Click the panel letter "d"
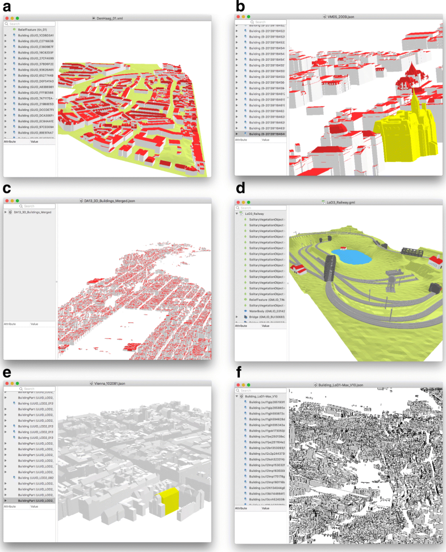240,188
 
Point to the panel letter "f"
240,372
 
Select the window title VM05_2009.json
339,19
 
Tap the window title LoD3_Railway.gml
339,202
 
